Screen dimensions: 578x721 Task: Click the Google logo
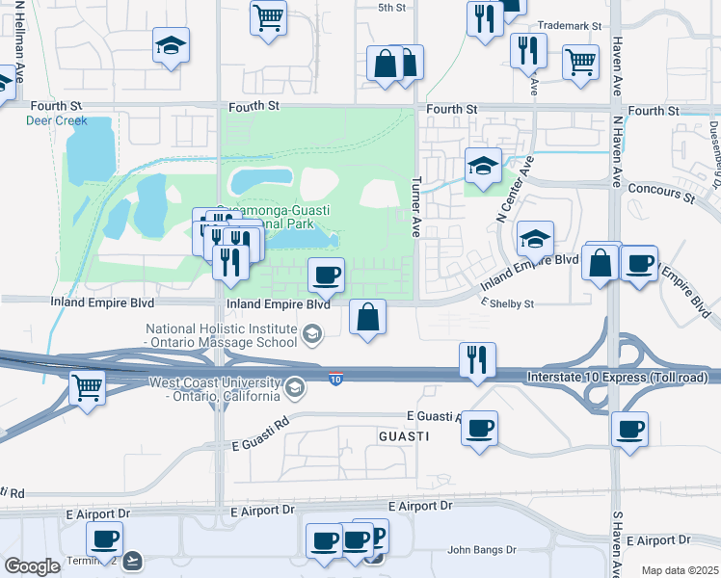pos(31,566)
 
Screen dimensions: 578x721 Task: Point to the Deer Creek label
pos(56,121)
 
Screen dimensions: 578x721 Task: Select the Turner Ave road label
pos(416,207)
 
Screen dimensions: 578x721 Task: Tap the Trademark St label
pos(569,27)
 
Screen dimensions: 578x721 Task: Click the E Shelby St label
pos(507,303)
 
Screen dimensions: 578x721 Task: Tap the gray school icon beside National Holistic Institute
pos(311,335)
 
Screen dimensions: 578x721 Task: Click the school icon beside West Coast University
pos(295,388)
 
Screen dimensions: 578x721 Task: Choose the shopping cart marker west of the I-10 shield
pos(88,389)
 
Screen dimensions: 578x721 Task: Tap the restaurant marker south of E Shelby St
pos(477,360)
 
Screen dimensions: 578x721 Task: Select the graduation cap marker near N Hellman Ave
pos(171,45)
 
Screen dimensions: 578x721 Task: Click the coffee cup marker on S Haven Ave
pos(630,429)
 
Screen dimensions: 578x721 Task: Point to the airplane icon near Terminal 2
pos(132,559)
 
